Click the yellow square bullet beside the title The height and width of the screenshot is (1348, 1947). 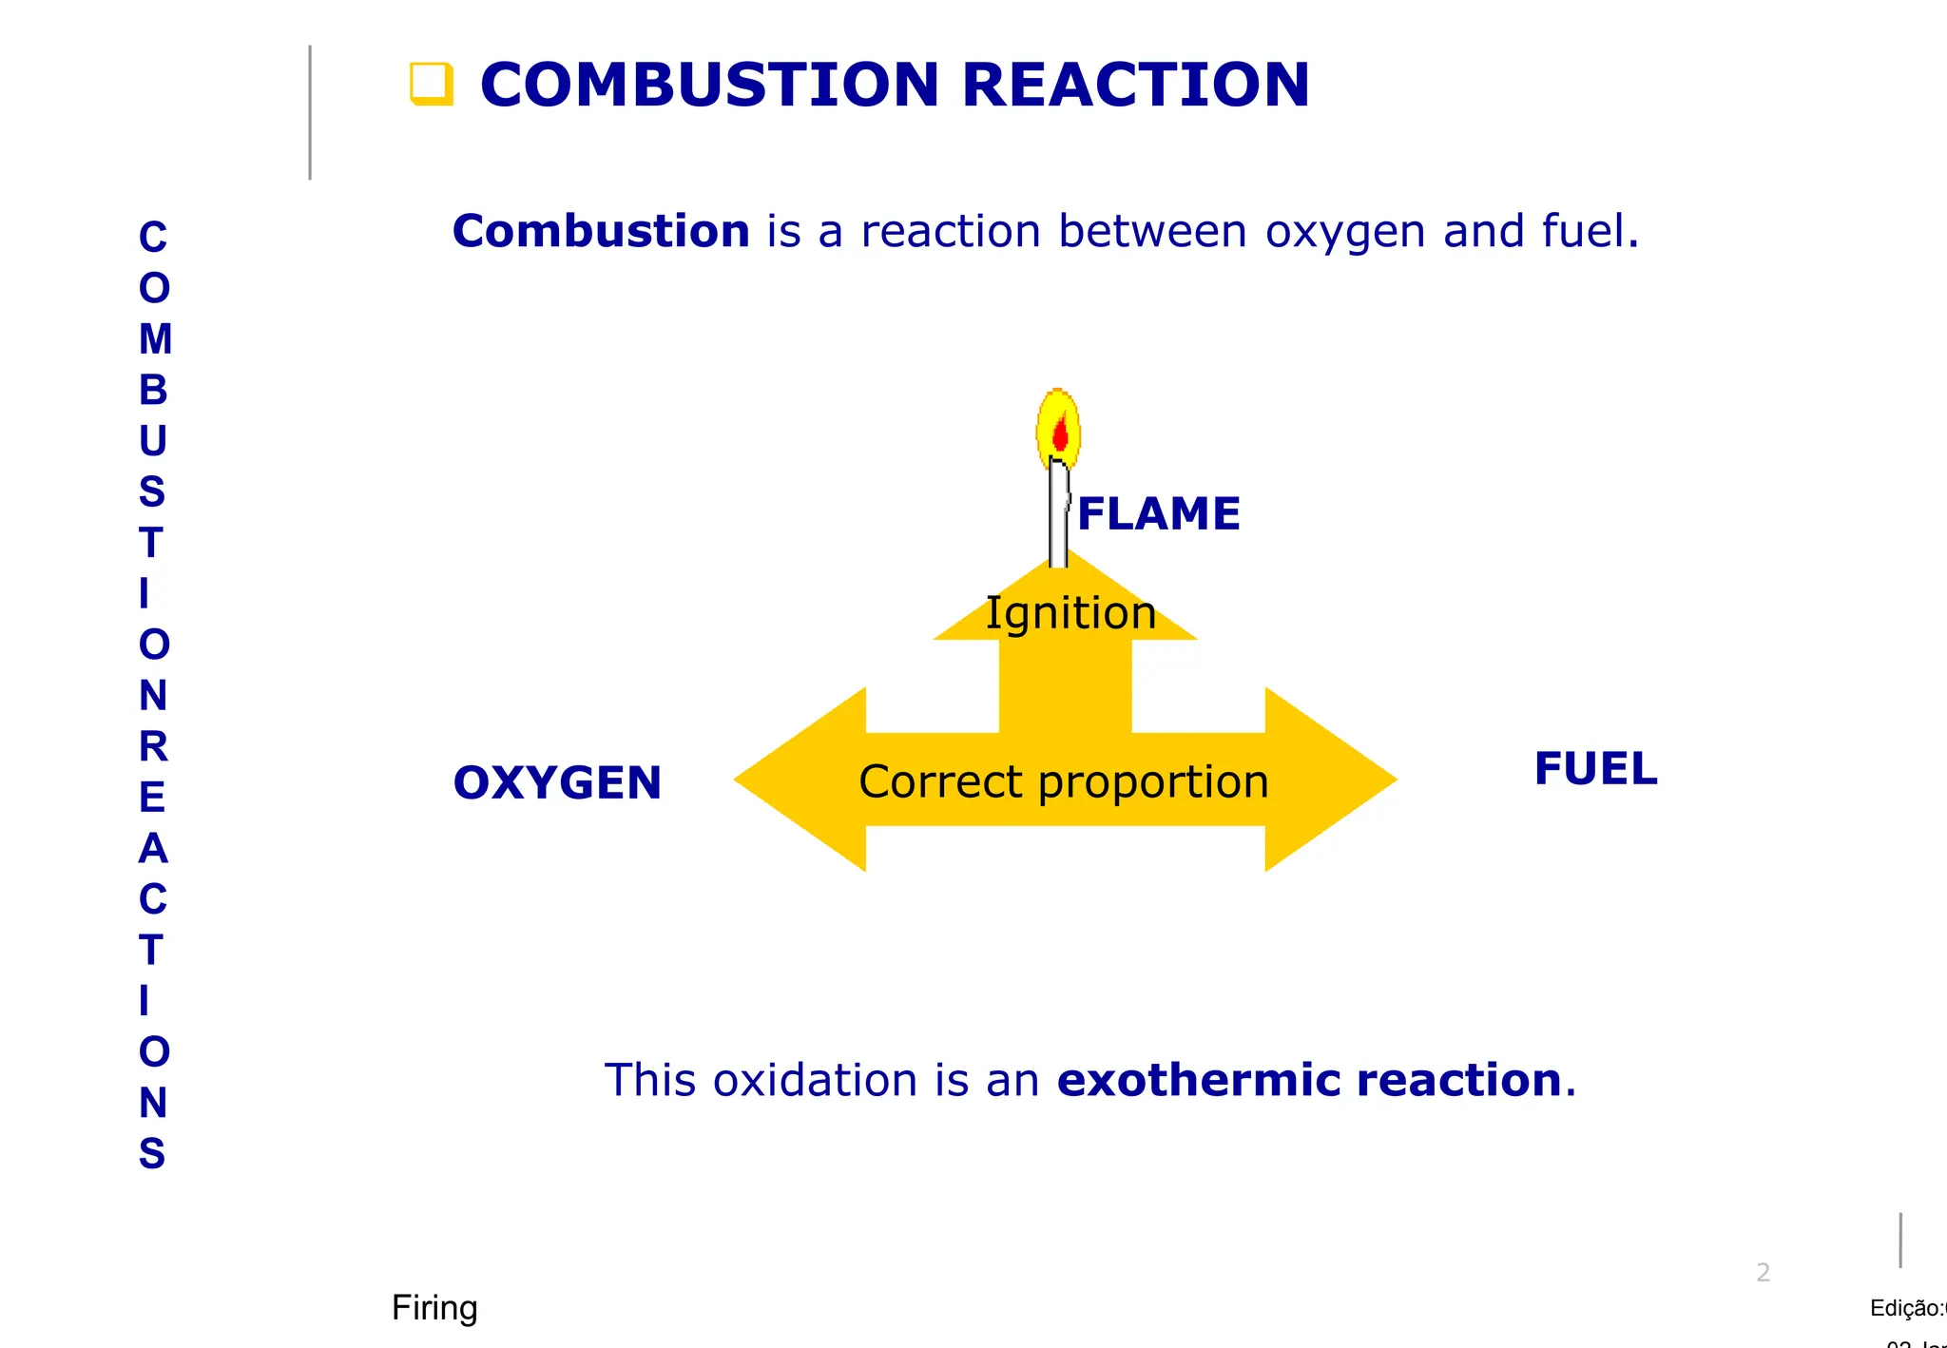click(x=431, y=84)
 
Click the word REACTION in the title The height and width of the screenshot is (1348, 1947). click(x=1135, y=85)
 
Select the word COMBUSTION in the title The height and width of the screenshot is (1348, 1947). click(x=709, y=85)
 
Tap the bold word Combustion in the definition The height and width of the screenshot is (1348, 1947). click(x=601, y=231)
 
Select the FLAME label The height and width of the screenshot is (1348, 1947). click(x=1159, y=513)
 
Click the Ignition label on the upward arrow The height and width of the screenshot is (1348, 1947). click(x=1070, y=613)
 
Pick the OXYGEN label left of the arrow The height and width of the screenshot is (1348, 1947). click(x=557, y=782)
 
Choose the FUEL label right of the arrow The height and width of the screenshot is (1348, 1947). click(x=1595, y=768)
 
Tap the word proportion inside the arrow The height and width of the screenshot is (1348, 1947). click(x=1153, y=783)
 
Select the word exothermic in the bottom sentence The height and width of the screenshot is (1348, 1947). click(x=1198, y=1080)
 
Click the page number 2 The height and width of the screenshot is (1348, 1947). click(x=1763, y=1272)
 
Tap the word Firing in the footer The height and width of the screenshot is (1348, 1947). click(x=434, y=1308)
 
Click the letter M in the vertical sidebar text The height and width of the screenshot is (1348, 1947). click(x=155, y=339)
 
